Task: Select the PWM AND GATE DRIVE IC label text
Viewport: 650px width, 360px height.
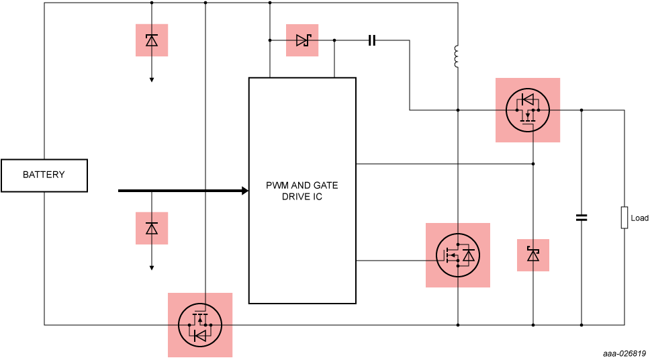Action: [x=301, y=191]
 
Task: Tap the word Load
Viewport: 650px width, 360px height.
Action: [x=640, y=218]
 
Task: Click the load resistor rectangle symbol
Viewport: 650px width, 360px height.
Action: [x=624, y=218]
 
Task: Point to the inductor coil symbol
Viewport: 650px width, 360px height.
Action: [x=457, y=56]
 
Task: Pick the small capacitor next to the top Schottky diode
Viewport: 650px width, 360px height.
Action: [x=372, y=40]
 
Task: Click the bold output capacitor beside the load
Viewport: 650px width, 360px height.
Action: [x=582, y=218]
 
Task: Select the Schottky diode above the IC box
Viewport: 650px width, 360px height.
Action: [x=301, y=40]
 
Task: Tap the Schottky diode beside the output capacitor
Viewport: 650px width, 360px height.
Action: [x=533, y=255]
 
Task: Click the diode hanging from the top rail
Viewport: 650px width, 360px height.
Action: [x=152, y=40]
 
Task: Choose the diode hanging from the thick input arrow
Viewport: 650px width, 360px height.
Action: [x=152, y=228]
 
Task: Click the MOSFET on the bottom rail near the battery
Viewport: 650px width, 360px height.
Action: [x=200, y=325]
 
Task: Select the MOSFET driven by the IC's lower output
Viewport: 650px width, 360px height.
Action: [x=458, y=255]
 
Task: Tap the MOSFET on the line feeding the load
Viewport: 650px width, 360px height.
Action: [x=528, y=110]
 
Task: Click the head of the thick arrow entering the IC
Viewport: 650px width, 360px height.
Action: [x=245, y=191]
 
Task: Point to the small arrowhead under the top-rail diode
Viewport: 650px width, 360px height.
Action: [x=152, y=80]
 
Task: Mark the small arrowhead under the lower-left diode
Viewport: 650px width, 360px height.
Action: [x=152, y=268]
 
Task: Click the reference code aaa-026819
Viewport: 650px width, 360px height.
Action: [x=626, y=354]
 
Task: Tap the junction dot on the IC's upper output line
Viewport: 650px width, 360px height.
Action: [x=533, y=164]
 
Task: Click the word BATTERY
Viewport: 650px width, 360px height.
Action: [x=44, y=175]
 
